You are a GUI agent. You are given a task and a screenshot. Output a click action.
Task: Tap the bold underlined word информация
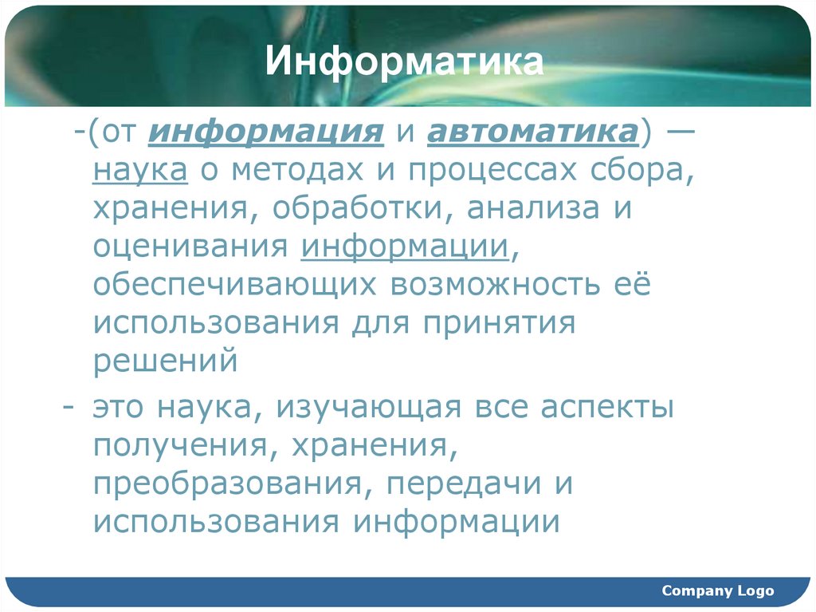point(266,132)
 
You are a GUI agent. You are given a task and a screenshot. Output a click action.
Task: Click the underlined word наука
point(140,170)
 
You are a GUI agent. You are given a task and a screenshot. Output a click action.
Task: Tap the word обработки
point(363,208)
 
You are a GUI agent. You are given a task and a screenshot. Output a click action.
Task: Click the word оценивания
point(190,247)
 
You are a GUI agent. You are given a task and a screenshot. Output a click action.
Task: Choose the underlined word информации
point(405,247)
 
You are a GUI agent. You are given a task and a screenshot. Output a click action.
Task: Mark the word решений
point(166,361)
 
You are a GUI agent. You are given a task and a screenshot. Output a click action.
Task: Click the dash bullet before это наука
point(70,406)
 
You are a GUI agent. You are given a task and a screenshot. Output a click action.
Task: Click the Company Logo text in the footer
point(717,591)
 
